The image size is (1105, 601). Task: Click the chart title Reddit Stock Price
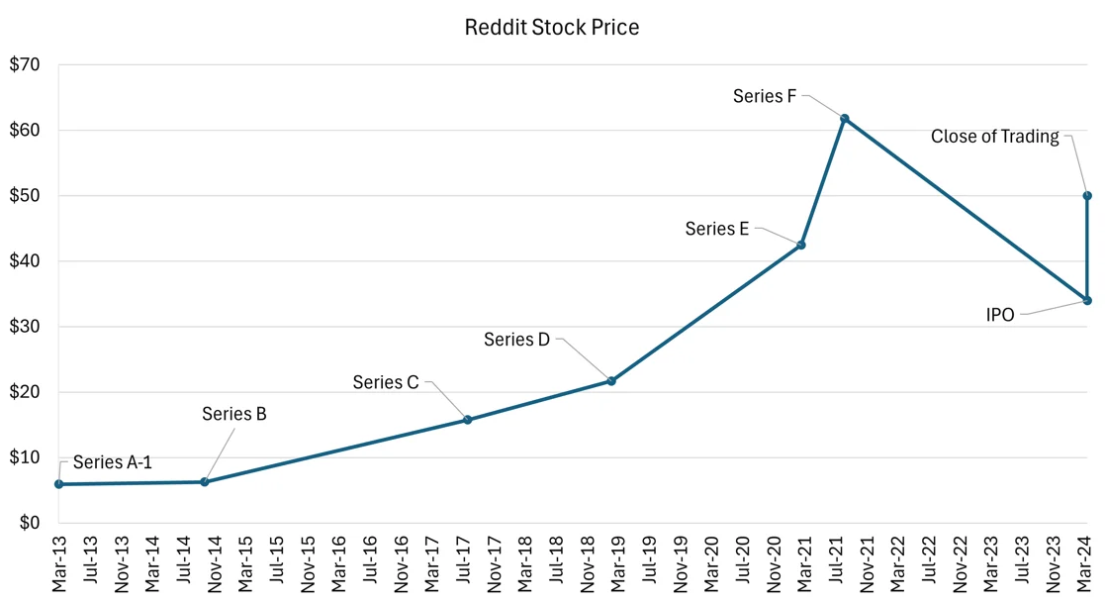point(552,27)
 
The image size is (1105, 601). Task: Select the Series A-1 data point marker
point(59,484)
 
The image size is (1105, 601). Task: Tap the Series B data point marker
point(205,482)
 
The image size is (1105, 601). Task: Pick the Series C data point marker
point(468,420)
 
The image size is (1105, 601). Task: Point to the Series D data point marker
point(611,381)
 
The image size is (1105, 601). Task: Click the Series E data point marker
point(801,245)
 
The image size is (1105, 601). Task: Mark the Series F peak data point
point(845,119)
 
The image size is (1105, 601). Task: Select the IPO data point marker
point(1087,301)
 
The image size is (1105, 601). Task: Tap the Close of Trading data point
point(1087,196)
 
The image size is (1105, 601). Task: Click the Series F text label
point(765,96)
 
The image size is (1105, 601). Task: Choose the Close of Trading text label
point(995,137)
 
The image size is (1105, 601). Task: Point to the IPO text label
point(1000,315)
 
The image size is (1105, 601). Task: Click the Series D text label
point(516,340)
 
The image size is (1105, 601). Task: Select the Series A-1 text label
point(113,462)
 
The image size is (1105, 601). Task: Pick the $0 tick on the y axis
point(30,523)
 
